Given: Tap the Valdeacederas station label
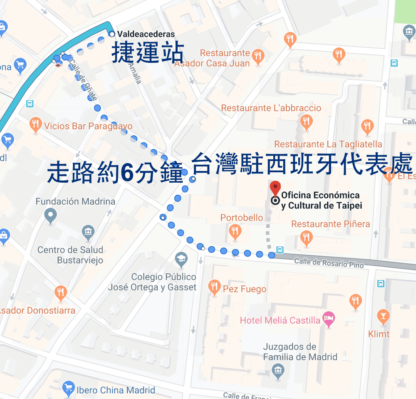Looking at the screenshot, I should (x=146, y=34).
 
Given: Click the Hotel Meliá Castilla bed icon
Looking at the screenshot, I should (x=329, y=320).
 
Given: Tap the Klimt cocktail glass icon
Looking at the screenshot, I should (x=383, y=317).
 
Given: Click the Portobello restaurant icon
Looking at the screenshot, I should (x=235, y=231).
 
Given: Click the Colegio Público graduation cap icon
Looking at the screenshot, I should (x=181, y=260).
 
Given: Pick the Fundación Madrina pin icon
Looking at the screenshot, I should (x=51, y=216).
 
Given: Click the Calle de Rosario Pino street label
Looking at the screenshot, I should (x=329, y=263).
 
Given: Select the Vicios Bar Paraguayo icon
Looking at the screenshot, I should (x=36, y=124).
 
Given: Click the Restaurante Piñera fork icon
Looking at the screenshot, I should (x=306, y=238).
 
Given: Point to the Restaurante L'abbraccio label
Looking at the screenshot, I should (x=271, y=108).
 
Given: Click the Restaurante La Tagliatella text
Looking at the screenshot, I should (x=328, y=144).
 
